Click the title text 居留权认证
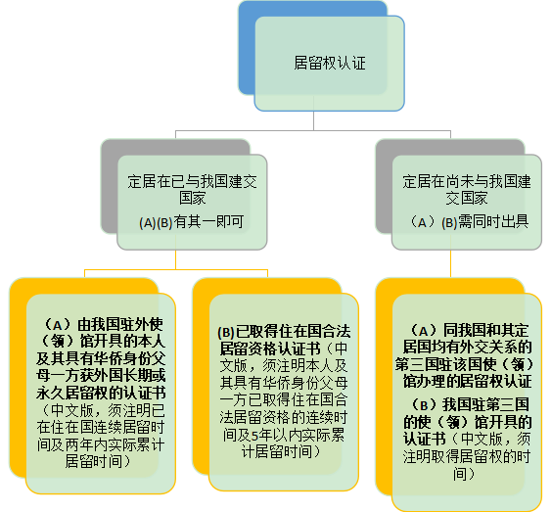(x=330, y=64)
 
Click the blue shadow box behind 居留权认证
(x=247, y=47)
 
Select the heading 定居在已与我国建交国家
(x=192, y=190)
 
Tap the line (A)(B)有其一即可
(x=192, y=222)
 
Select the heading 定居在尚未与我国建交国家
(x=467, y=190)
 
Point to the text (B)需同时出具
(x=485, y=222)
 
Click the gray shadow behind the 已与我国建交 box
(x=110, y=186)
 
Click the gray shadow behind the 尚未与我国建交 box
(x=384, y=186)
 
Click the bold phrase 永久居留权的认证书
(x=101, y=394)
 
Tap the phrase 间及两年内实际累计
(x=101, y=444)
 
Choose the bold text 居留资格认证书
(x=270, y=349)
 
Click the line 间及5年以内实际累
(x=284, y=435)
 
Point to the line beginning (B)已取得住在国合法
(x=284, y=331)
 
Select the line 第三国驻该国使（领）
(x=465, y=364)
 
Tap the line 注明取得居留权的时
(x=467, y=457)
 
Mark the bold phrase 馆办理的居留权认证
(x=468, y=381)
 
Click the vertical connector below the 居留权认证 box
(x=313, y=121)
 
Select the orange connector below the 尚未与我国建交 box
(x=450, y=264)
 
